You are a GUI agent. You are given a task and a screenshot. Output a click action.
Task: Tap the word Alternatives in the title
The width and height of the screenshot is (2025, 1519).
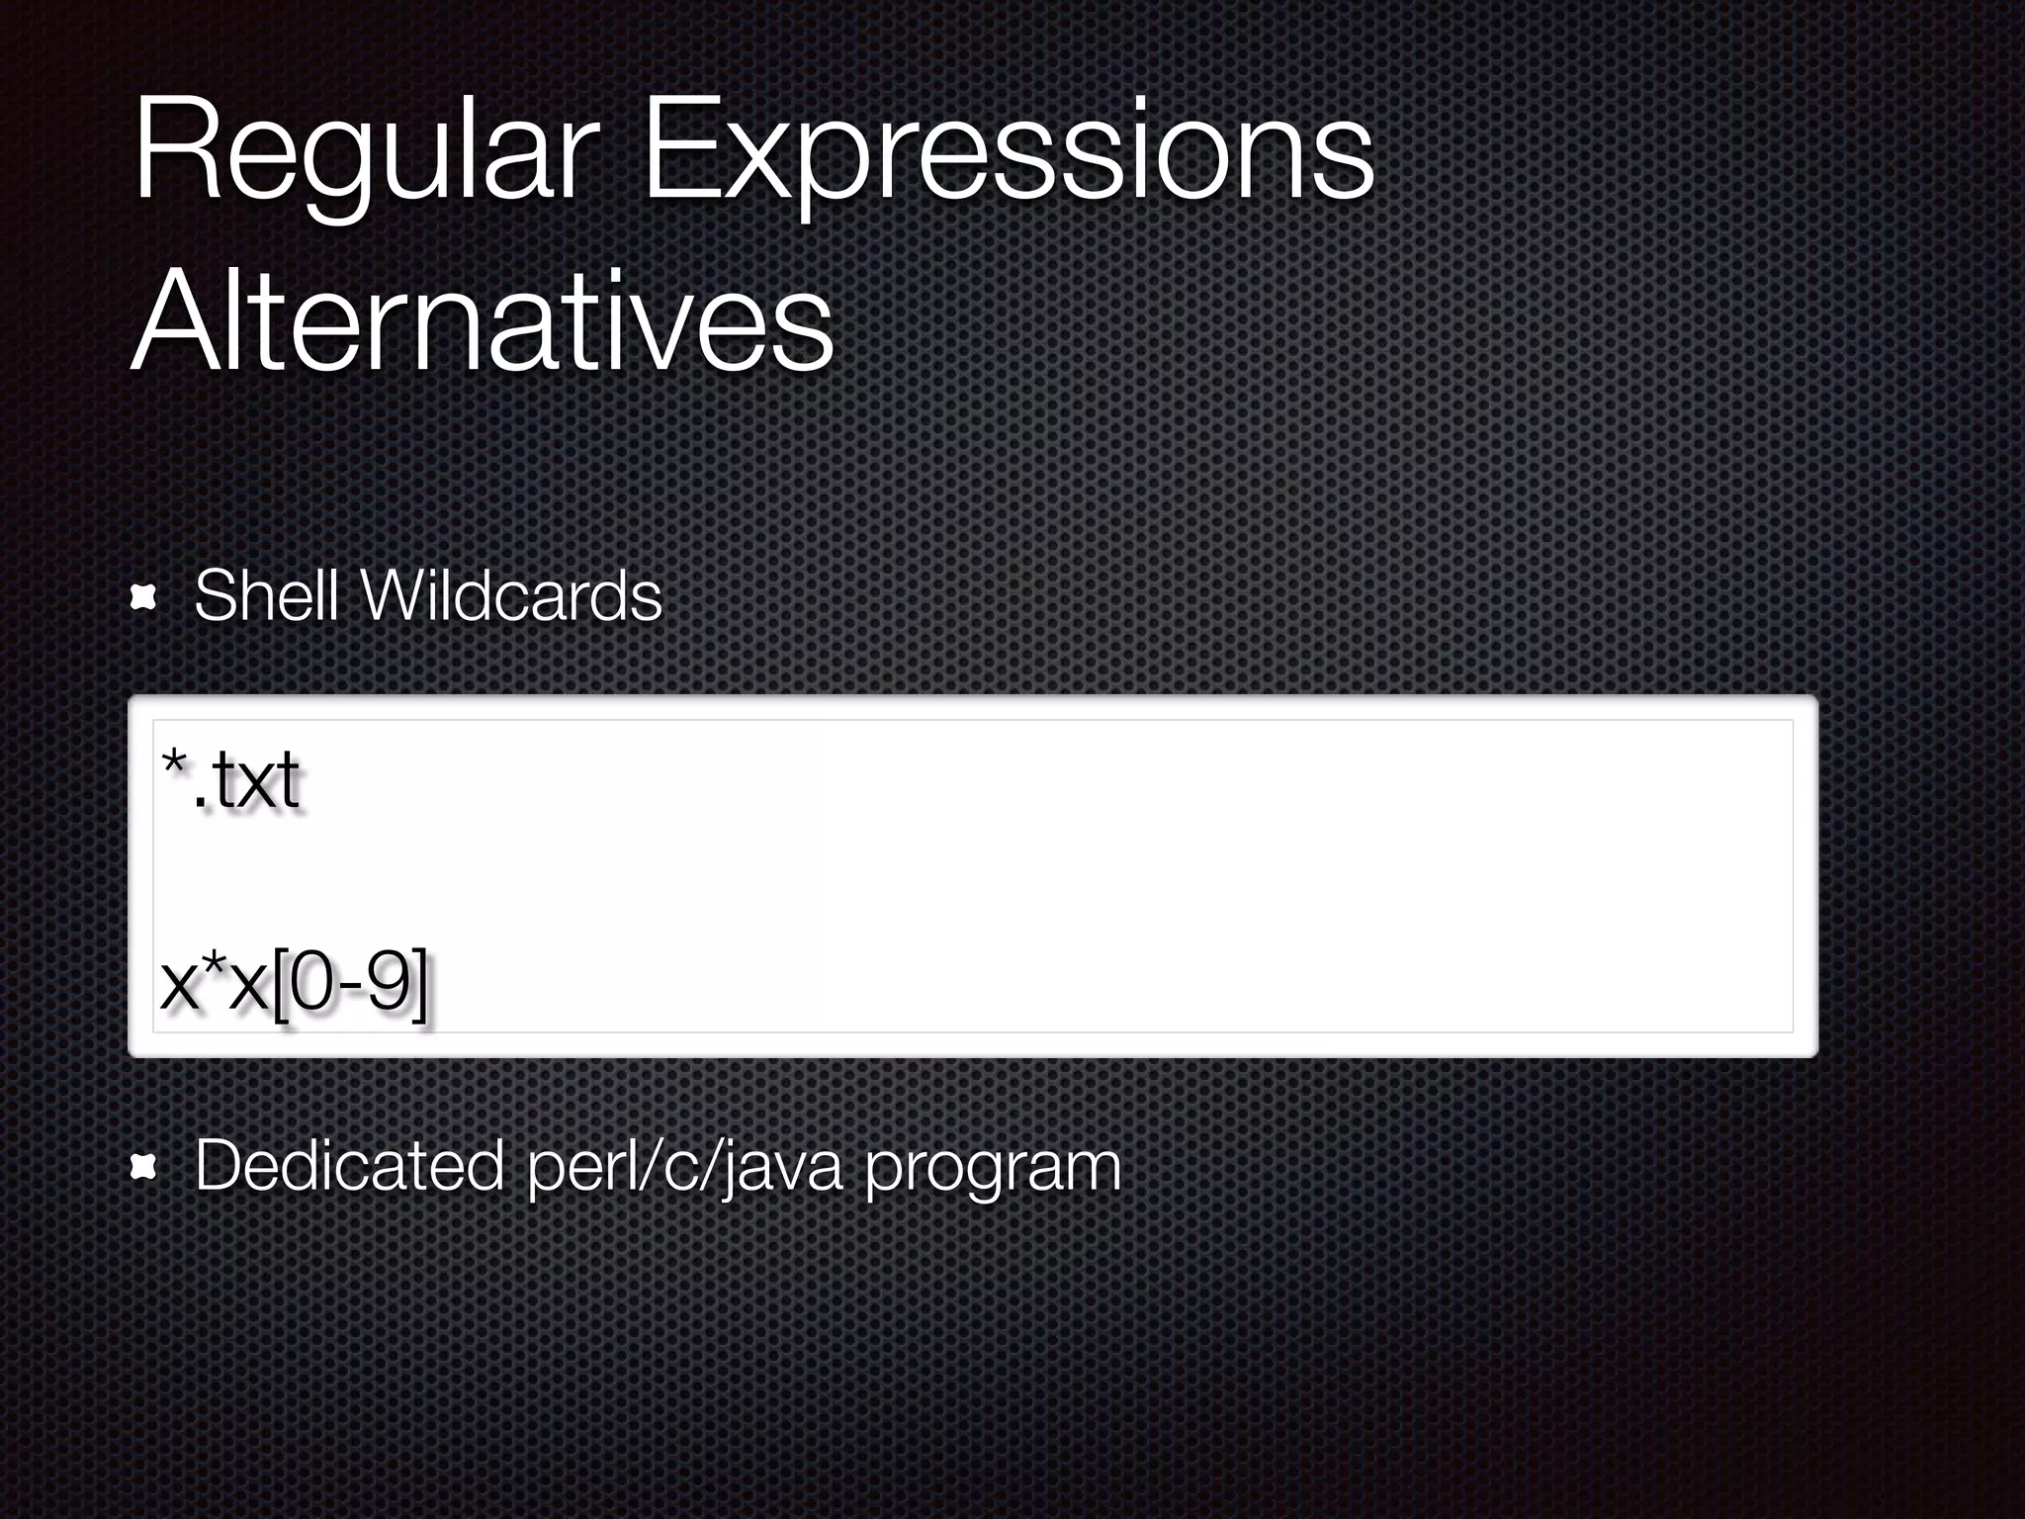(483, 324)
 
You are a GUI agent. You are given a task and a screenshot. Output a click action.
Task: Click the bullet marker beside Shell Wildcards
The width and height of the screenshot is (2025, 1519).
(144, 597)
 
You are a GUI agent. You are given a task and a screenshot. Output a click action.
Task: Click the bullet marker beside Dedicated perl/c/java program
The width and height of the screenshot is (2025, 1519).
(144, 1168)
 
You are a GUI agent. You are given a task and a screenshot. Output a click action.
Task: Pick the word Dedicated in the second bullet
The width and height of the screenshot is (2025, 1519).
(349, 1167)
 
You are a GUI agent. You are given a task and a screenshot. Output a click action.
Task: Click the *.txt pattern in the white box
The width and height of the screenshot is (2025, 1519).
(230, 781)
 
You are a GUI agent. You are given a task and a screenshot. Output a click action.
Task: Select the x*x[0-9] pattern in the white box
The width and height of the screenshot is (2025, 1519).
(294, 985)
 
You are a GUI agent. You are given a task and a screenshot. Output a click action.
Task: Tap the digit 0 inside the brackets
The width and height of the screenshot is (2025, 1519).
(308, 983)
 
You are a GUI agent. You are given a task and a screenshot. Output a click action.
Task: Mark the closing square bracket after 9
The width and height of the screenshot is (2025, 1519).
(419, 985)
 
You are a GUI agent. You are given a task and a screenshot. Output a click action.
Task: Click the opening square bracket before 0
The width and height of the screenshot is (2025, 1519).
(280, 985)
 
